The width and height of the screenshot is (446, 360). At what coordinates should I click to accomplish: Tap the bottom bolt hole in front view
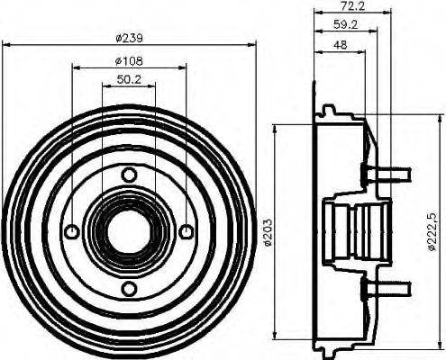[x=129, y=288]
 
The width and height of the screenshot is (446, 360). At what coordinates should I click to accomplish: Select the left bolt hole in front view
[x=72, y=232]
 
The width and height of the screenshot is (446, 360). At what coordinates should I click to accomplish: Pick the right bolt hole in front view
[x=186, y=232]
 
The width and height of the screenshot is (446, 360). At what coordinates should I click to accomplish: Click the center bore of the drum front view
[x=129, y=232]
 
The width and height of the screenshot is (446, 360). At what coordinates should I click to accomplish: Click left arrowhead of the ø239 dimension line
[x=6, y=46]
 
